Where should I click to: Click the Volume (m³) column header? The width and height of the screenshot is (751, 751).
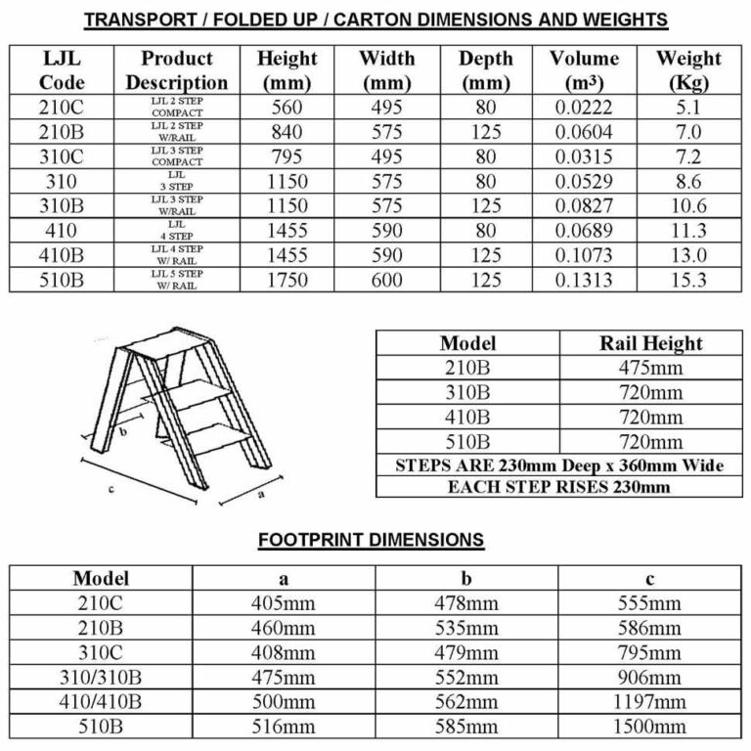pyautogui.click(x=584, y=70)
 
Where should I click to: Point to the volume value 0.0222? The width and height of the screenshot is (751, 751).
pyautogui.click(x=584, y=107)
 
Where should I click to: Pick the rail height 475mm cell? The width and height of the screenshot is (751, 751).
pyautogui.click(x=650, y=369)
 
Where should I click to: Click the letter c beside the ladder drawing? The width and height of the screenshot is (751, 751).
pyautogui.click(x=111, y=489)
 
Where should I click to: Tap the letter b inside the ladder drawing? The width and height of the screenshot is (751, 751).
pyautogui.click(x=123, y=430)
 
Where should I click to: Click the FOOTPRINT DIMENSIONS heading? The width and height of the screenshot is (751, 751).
pyautogui.click(x=372, y=539)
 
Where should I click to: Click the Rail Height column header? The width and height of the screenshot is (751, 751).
pyautogui.click(x=650, y=343)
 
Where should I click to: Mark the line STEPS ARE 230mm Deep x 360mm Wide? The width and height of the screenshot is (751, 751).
pyautogui.click(x=558, y=465)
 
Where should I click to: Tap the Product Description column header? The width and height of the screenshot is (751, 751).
pyautogui.click(x=177, y=70)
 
